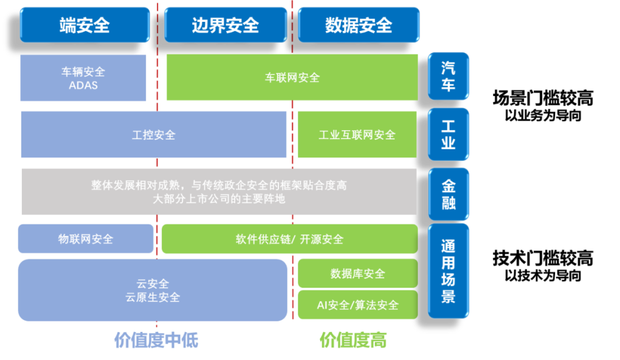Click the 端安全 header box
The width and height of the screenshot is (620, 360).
click(84, 25)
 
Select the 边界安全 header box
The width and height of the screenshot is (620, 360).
click(225, 25)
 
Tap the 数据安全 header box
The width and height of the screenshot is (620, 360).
click(358, 25)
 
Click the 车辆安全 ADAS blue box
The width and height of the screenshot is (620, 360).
click(83, 78)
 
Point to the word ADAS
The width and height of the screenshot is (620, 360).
click(83, 86)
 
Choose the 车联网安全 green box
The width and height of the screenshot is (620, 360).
click(292, 78)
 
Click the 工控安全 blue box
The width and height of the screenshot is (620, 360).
click(153, 135)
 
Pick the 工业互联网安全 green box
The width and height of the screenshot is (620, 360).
click(356, 135)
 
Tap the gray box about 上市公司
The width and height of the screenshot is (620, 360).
click(219, 192)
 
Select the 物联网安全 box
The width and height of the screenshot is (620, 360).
click(86, 239)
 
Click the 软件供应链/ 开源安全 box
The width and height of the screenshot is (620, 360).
click(289, 239)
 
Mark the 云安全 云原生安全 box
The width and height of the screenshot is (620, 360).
click(153, 290)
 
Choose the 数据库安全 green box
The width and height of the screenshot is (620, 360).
click(357, 273)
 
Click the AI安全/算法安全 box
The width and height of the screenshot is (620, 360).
click(357, 305)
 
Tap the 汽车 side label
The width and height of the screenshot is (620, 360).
click(448, 76)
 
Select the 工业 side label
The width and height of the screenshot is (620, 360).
click(448, 134)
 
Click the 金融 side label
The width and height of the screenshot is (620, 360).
click(448, 194)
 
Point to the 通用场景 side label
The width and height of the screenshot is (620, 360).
click(448, 271)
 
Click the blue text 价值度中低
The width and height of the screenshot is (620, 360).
click(156, 340)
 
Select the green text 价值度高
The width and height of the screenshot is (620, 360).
click(353, 340)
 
